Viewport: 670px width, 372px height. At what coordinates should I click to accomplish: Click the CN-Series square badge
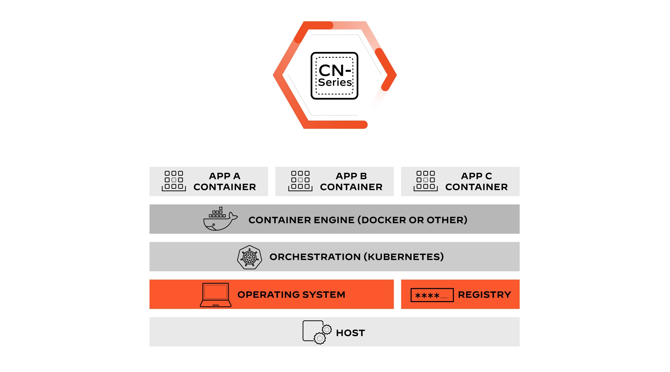pos(334,76)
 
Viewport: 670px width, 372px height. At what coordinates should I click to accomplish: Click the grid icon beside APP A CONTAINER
pos(174,181)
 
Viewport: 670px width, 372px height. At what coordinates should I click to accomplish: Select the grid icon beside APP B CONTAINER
pos(300,181)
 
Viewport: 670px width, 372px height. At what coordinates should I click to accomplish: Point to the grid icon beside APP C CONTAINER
pos(425,181)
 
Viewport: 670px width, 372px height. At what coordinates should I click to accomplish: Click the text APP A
pos(225,176)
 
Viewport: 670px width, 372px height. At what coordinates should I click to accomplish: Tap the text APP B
pos(351,176)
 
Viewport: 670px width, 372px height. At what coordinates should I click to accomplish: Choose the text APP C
pos(476,176)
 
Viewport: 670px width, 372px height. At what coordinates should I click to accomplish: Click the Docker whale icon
pos(220,220)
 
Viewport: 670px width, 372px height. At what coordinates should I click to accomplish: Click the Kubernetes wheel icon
pos(250,257)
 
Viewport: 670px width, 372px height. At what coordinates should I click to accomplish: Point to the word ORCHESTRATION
pos(315,257)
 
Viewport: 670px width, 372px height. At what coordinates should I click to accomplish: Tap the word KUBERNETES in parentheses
pos(404,257)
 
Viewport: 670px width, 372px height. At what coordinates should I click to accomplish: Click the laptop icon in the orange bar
pos(216,295)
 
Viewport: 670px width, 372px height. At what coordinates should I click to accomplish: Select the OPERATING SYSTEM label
pos(291,295)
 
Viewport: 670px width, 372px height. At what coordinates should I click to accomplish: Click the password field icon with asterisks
pos(432,295)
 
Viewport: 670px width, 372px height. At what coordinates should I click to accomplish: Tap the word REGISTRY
pos(484,295)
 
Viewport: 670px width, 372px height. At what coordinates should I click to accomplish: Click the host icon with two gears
pos(317,332)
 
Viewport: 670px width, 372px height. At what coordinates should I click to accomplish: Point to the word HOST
pos(350,333)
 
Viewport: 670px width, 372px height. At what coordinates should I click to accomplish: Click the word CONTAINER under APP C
pos(476,187)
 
